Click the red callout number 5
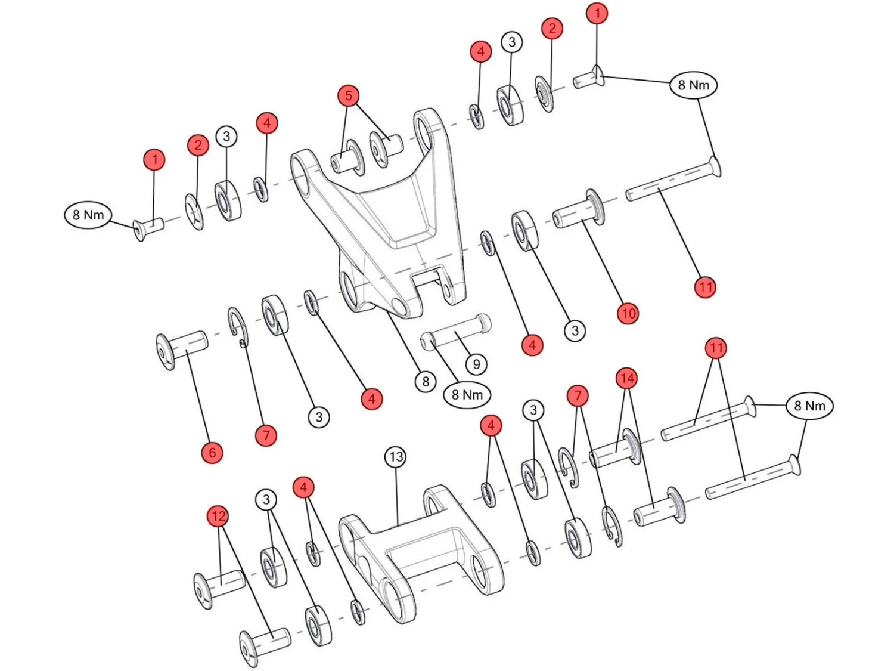tap(348, 96)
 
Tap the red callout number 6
tap(212, 453)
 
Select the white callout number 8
tap(425, 382)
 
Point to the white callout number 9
tap(476, 364)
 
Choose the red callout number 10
tap(627, 313)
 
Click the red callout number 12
tap(218, 516)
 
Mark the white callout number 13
tap(396, 457)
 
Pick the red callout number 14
tap(626, 379)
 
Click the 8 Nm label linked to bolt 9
tap(467, 395)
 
